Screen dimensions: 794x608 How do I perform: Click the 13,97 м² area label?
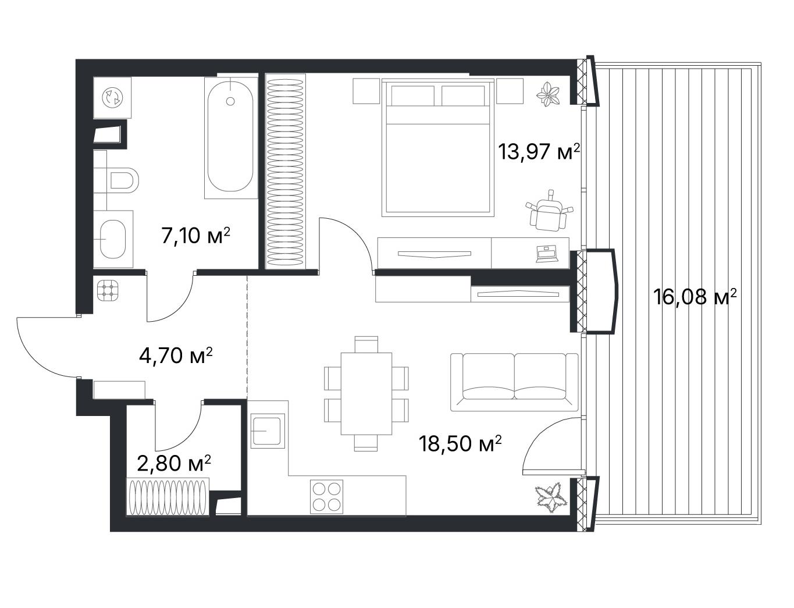[539, 152]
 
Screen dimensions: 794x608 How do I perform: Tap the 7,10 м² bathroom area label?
[196, 236]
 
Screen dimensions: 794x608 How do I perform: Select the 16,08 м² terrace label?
[695, 297]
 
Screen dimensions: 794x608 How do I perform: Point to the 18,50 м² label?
[460, 443]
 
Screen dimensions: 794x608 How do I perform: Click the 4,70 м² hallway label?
[176, 355]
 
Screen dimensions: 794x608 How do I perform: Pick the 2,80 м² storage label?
[174, 463]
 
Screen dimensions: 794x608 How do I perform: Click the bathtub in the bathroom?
[230, 137]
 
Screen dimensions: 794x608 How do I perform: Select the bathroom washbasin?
[113, 239]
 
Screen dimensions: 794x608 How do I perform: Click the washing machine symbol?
[112, 98]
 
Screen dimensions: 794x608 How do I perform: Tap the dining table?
[366, 393]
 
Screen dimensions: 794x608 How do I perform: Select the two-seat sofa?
[514, 382]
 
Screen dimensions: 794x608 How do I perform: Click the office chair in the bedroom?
[548, 211]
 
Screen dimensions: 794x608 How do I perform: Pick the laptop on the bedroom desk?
[547, 254]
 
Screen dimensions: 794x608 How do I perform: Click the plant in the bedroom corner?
[547, 94]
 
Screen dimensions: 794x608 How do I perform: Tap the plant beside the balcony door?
[551, 498]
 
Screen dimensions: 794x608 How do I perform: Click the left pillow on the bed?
[412, 95]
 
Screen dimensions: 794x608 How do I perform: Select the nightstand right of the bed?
[510, 91]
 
